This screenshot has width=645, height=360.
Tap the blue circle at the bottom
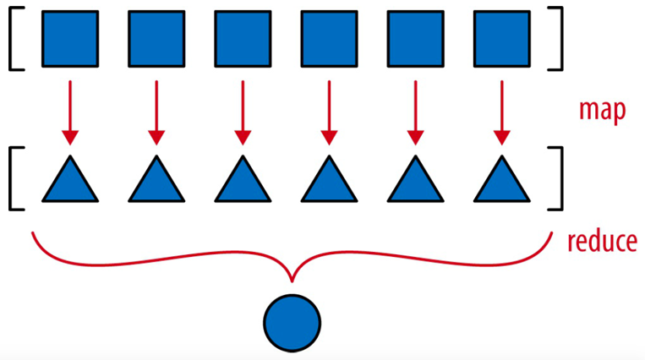click(x=292, y=323)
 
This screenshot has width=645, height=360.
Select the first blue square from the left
click(x=70, y=39)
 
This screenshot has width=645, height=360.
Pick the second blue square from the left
click(x=156, y=39)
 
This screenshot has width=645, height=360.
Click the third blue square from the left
click(x=243, y=39)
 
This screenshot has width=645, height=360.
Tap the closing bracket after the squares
click(x=555, y=38)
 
